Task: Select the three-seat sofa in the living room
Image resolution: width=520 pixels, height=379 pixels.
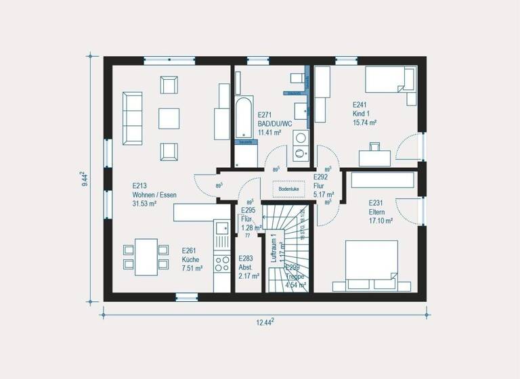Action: click(x=131, y=118)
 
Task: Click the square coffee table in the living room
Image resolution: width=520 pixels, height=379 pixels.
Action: click(x=169, y=118)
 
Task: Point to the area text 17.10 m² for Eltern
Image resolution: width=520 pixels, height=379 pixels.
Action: click(x=381, y=221)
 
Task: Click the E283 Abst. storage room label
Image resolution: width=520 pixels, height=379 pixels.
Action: click(x=246, y=262)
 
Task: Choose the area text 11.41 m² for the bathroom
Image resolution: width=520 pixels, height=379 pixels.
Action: click(x=269, y=133)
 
